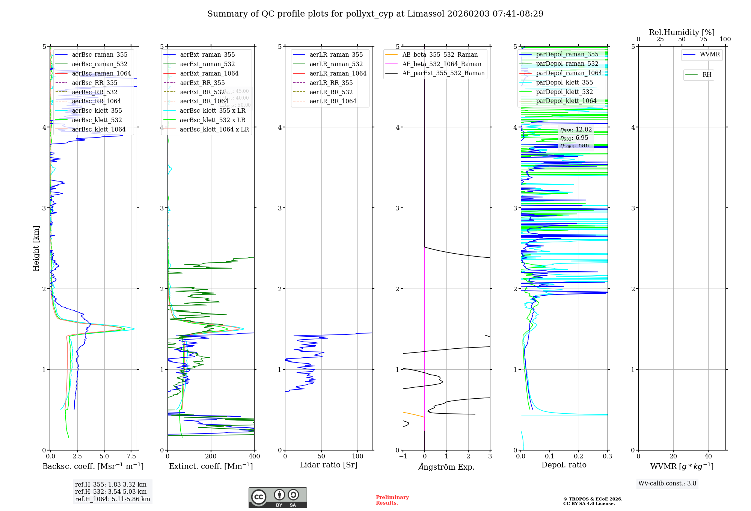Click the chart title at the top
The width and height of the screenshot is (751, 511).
(x=375, y=14)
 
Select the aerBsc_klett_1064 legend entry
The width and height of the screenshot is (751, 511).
(x=99, y=129)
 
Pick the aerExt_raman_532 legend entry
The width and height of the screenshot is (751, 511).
(x=207, y=64)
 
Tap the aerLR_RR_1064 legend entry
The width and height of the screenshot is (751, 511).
(x=333, y=101)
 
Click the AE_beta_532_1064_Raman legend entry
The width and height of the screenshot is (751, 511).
(x=442, y=64)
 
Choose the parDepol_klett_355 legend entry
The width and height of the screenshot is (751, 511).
(x=564, y=82)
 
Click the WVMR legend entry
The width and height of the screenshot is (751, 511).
(x=710, y=54)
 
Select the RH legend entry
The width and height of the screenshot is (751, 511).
(x=707, y=75)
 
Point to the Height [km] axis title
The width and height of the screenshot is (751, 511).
(x=36, y=248)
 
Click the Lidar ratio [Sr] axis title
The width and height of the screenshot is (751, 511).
(x=329, y=465)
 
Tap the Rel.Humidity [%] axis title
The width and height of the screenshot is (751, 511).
(x=682, y=32)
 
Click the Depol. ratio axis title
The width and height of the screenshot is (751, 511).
(x=564, y=465)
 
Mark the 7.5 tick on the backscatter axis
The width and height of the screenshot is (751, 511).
(x=131, y=457)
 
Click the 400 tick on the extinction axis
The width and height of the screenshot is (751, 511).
(x=254, y=457)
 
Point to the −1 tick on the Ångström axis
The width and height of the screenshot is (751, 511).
(x=403, y=457)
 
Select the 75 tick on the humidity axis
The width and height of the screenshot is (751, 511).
(x=703, y=39)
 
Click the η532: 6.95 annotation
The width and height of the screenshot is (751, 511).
(x=574, y=138)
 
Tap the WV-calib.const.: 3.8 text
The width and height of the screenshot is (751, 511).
(x=667, y=484)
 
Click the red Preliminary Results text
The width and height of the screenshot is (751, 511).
(x=392, y=500)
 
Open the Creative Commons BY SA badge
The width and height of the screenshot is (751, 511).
(x=277, y=498)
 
